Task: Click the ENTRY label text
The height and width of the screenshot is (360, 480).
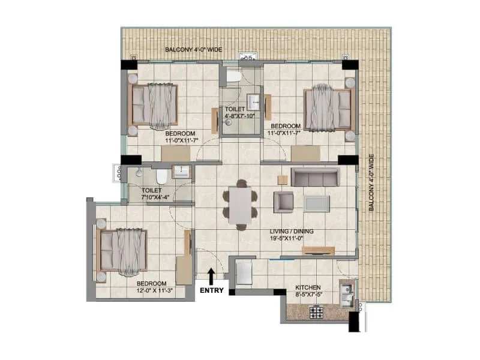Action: (212, 291)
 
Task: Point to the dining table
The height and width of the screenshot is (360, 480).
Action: (240, 205)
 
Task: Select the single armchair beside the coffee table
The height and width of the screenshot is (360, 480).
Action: (283, 202)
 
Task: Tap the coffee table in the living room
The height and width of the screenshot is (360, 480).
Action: (316, 203)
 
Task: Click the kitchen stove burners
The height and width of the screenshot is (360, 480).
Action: (316, 312)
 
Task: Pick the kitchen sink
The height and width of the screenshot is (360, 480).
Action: (346, 292)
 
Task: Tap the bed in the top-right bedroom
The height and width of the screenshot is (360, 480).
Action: (328, 109)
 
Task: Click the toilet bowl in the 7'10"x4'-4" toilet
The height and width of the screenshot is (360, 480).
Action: (160, 176)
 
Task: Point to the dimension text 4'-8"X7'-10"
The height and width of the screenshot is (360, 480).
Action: (239, 116)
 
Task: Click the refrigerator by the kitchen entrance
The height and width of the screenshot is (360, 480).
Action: (245, 273)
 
